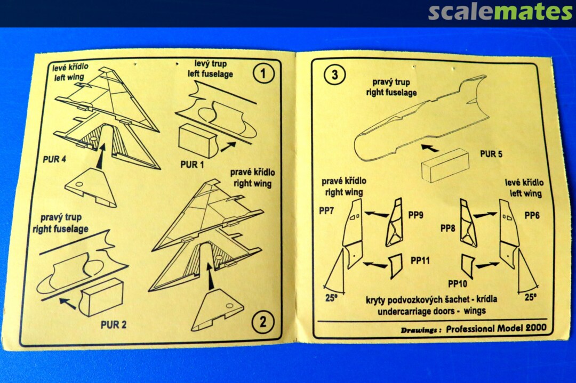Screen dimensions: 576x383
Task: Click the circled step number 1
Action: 263,74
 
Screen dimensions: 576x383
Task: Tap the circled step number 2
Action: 263,322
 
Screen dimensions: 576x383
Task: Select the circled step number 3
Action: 334,75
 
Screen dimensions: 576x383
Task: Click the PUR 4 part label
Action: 54,159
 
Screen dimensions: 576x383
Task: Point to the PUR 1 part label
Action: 192,165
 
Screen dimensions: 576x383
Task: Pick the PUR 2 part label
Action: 114,324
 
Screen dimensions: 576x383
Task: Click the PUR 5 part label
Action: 491,154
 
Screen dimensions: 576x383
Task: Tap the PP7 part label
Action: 326,211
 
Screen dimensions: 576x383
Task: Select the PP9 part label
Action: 416,215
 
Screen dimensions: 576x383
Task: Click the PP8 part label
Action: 448,229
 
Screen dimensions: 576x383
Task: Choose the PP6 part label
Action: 532,216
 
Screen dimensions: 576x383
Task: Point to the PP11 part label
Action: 420,260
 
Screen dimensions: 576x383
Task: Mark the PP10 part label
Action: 458,283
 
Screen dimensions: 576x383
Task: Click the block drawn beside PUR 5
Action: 445,165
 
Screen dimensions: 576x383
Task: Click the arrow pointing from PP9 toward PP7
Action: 377,214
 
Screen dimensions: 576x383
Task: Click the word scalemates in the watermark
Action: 500,12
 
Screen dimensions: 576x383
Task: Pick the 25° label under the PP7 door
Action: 331,298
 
